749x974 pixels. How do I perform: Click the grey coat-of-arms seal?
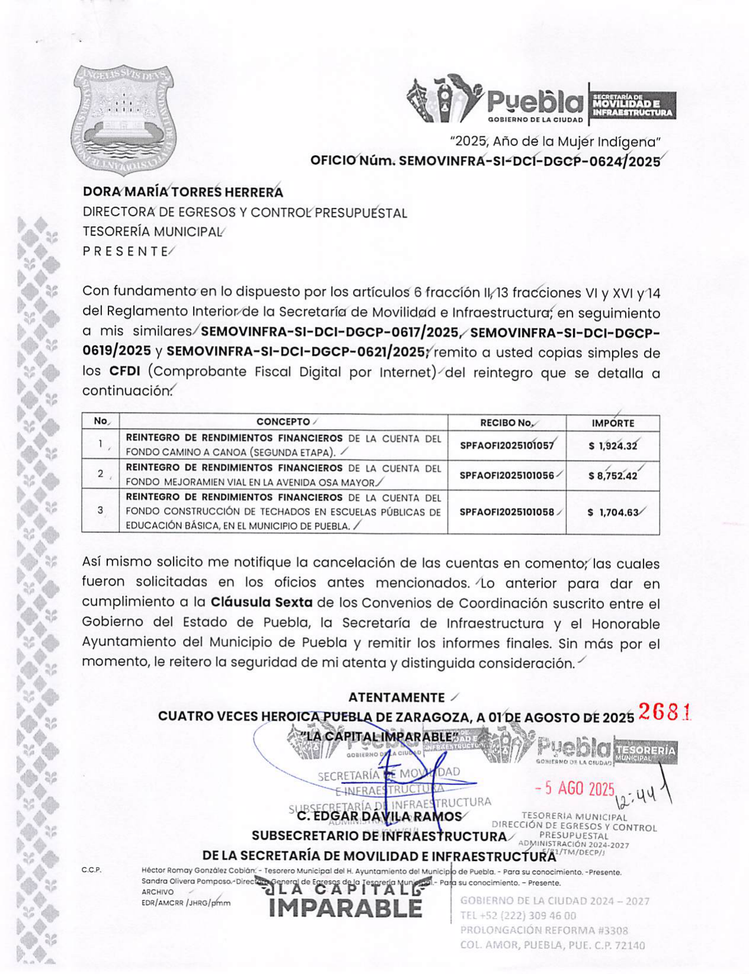pyautogui.click(x=123, y=119)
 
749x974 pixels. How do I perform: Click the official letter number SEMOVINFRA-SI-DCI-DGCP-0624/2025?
pyautogui.click(x=485, y=161)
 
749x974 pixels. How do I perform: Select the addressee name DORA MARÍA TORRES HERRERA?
pyautogui.click(x=183, y=192)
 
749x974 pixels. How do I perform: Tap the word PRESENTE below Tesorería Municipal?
pyautogui.click(x=126, y=251)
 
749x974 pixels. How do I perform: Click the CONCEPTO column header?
pyautogui.click(x=283, y=422)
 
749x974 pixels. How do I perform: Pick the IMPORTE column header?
pyautogui.click(x=612, y=423)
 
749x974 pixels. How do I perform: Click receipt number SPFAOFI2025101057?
pyautogui.click(x=507, y=446)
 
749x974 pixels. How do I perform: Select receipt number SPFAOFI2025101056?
pyautogui.click(x=507, y=475)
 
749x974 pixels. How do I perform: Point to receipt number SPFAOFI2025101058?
pyautogui.click(x=507, y=512)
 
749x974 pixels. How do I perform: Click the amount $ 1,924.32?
pyautogui.click(x=613, y=446)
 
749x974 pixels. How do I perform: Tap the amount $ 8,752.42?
pyautogui.click(x=613, y=475)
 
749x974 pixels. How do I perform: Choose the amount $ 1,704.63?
pyautogui.click(x=613, y=512)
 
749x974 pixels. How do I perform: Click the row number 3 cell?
pyautogui.click(x=101, y=510)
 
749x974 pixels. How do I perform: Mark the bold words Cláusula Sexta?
pyautogui.click(x=261, y=603)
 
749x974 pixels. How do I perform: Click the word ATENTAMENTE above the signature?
pyautogui.click(x=396, y=697)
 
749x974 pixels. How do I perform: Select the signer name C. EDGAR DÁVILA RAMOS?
pyautogui.click(x=379, y=817)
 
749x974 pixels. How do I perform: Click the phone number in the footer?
pyautogui.click(x=518, y=915)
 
